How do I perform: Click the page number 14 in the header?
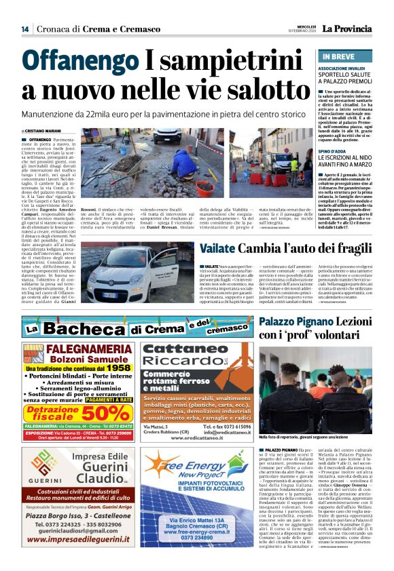pyautogui.click(x=24, y=28)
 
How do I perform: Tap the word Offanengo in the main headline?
pyautogui.click(x=80, y=63)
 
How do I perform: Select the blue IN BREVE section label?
pyautogui.click(x=340, y=56)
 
